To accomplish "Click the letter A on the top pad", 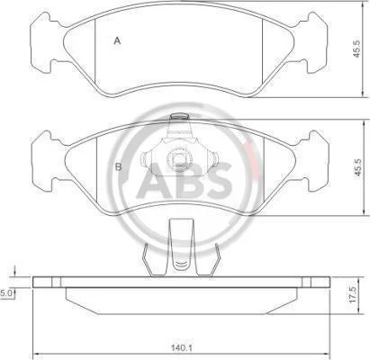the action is click(x=117, y=40).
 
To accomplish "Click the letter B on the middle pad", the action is click(x=119, y=166).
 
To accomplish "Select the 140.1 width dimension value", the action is click(x=182, y=348).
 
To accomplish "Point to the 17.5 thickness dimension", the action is click(x=353, y=294).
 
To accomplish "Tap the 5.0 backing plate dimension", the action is click(x=6, y=293).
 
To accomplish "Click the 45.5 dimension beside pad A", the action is click(x=356, y=49).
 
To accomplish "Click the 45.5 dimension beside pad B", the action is click(x=357, y=169).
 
